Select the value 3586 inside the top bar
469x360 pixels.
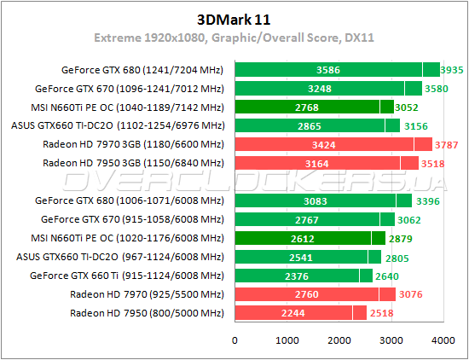point(328,70)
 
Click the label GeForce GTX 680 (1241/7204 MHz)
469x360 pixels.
point(142,70)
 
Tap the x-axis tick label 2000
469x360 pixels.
point(339,340)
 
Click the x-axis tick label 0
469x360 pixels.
point(235,340)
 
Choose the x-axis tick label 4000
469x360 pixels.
point(443,340)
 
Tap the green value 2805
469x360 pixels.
point(396,257)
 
